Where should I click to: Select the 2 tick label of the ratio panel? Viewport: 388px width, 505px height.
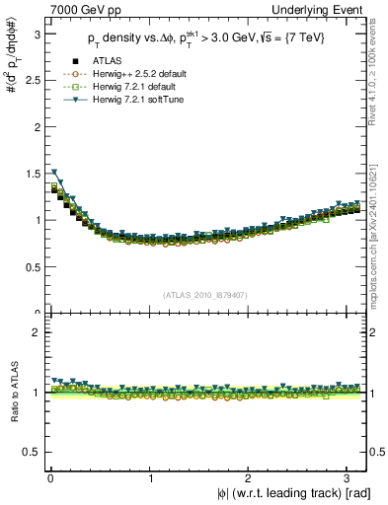tap(36, 333)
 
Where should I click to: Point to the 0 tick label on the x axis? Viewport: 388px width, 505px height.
tap(50, 476)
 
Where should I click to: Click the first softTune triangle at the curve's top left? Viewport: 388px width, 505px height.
tap(54, 173)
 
